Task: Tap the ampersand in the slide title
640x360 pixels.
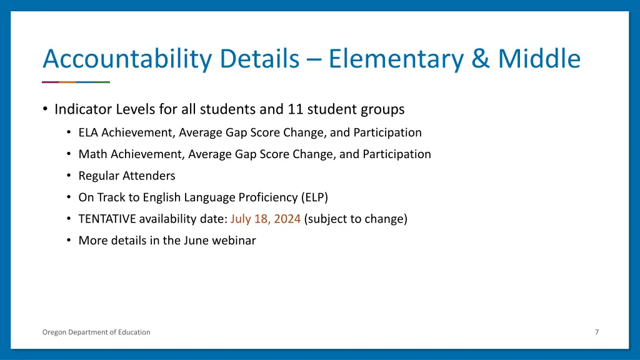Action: [481, 59]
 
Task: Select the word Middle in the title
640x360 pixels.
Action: [539, 59]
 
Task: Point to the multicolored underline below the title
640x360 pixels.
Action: [76, 82]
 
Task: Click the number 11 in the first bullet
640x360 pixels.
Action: [294, 109]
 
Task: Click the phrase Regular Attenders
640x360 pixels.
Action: [126, 176]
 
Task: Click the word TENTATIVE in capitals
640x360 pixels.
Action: [107, 219]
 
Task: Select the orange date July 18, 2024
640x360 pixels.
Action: [265, 219]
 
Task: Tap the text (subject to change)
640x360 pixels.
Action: [356, 219]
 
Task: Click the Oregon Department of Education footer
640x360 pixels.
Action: [96, 332]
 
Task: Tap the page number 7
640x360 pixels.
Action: [596, 332]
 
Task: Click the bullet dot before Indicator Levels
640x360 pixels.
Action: [45, 109]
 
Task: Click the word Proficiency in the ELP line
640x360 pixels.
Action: [267, 197]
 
